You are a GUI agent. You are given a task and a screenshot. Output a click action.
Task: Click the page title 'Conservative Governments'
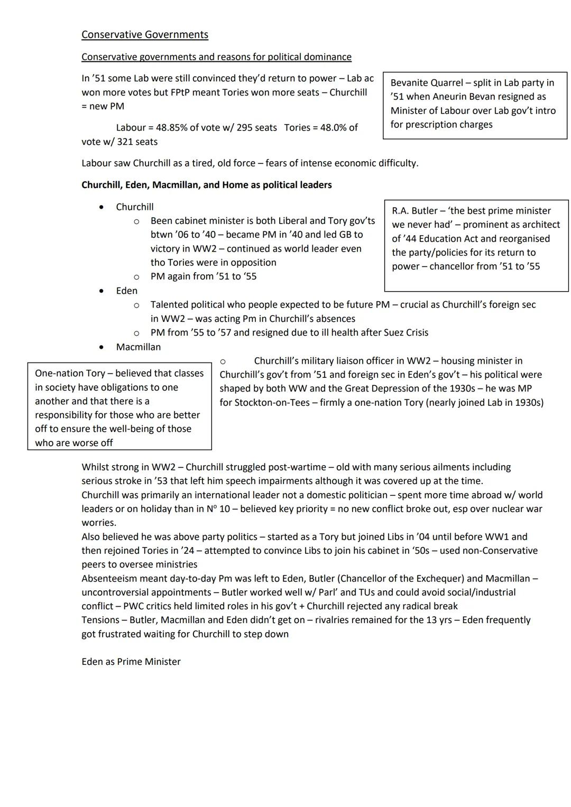144,35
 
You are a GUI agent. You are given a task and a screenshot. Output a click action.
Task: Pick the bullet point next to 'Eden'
101,291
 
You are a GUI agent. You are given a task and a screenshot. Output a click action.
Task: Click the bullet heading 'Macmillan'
138,347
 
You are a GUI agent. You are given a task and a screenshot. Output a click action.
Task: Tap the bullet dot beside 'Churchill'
101,207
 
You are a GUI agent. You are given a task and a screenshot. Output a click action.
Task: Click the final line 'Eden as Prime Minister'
131,662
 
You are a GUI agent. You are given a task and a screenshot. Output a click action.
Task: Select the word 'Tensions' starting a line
100,620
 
